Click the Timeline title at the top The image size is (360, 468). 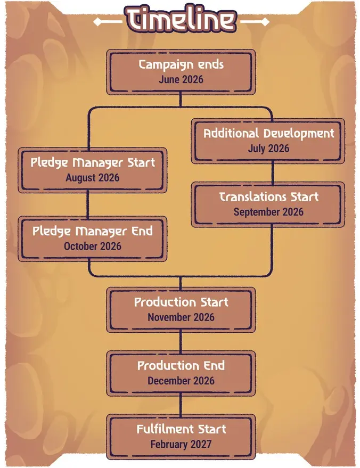181,19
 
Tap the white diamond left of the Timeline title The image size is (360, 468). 97,22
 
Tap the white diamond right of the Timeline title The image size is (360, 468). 265,22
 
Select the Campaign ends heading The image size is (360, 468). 181,65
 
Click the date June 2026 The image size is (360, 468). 181,79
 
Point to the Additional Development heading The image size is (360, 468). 268,134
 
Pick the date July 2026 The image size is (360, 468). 268,149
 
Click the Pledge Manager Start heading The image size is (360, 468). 93,163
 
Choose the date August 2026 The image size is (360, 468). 93,178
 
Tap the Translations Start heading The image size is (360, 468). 268,197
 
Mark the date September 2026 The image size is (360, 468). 268,212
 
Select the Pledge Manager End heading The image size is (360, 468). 93,231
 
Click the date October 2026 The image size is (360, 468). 93,246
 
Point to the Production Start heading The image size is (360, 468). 181,302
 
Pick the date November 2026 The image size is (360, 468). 181,317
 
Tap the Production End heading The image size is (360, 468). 181,366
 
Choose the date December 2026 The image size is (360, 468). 181,381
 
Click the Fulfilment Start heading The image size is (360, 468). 181,429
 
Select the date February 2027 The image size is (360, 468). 181,444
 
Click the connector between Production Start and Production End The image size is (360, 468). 181,341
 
